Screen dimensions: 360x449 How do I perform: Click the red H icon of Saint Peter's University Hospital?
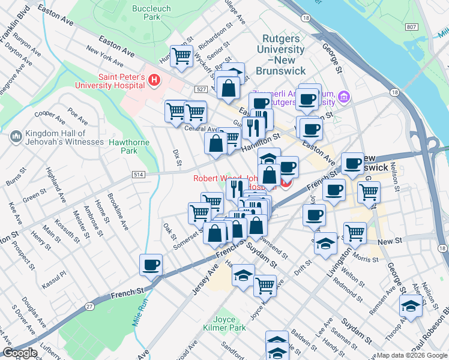[154, 79]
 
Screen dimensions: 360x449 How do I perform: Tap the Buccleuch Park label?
[152, 13]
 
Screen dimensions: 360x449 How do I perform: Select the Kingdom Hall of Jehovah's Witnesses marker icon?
[16, 137]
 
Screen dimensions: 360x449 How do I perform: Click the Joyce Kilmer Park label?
[224, 324]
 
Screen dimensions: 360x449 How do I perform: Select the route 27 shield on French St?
[89, 307]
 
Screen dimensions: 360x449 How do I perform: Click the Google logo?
[20, 353]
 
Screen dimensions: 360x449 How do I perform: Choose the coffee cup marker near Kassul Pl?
[151, 264]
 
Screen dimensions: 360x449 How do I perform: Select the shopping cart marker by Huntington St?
[181, 56]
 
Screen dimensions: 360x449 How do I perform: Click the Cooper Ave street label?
[50, 113]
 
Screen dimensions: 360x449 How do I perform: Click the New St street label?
[390, 241]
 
